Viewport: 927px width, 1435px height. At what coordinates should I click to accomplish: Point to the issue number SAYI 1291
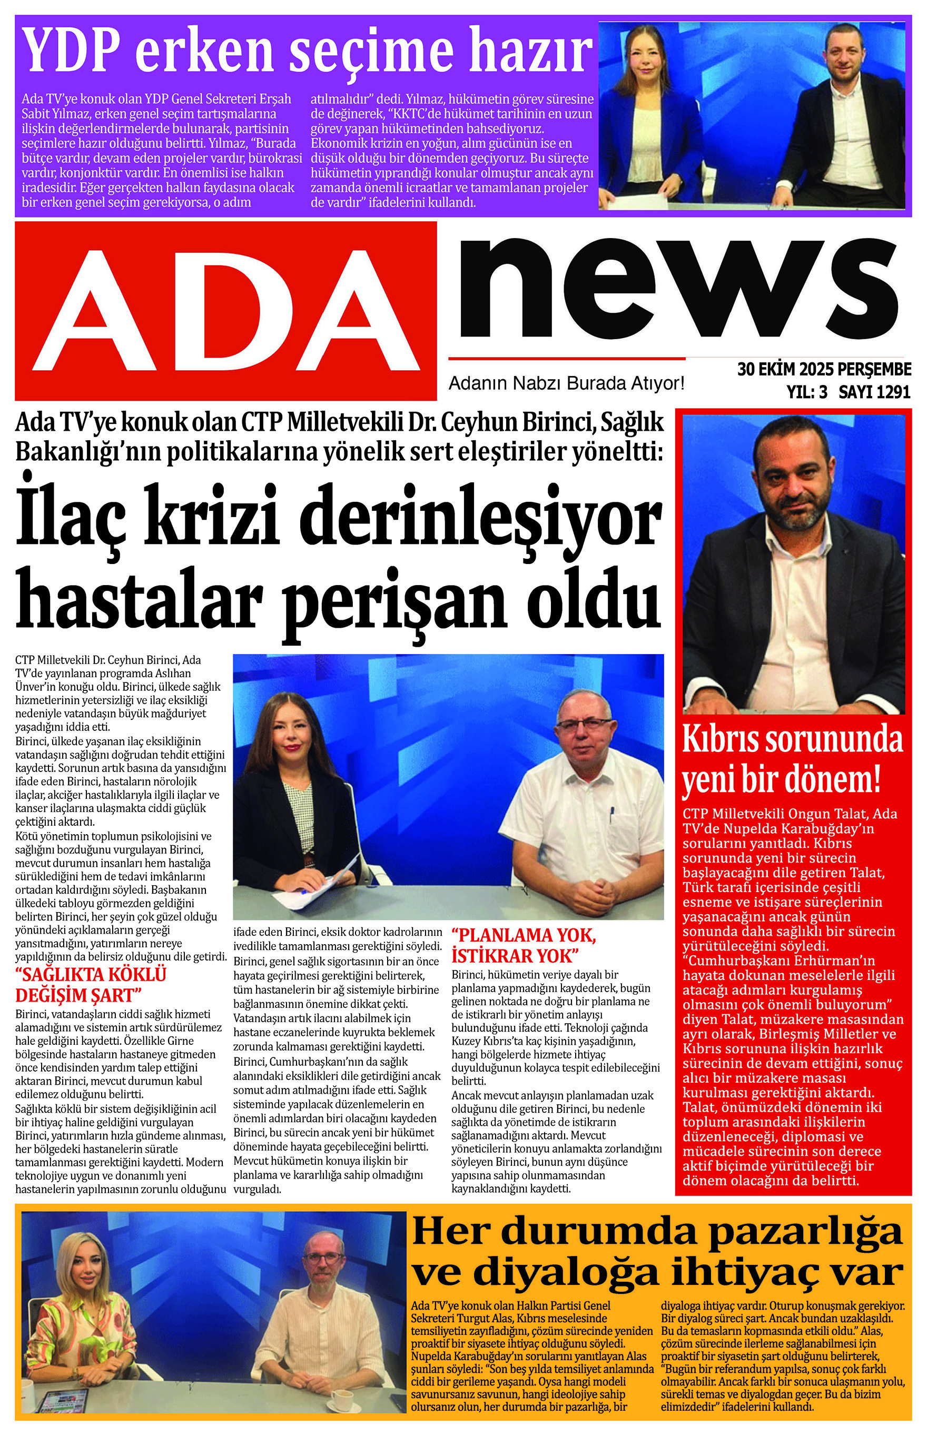click(x=874, y=392)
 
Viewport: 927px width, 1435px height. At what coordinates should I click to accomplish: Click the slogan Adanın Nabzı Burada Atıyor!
click(x=566, y=383)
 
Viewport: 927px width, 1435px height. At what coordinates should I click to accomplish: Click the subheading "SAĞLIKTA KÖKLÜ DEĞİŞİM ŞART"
click(x=90, y=984)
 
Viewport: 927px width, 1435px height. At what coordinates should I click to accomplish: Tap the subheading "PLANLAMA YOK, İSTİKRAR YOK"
click(x=523, y=945)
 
